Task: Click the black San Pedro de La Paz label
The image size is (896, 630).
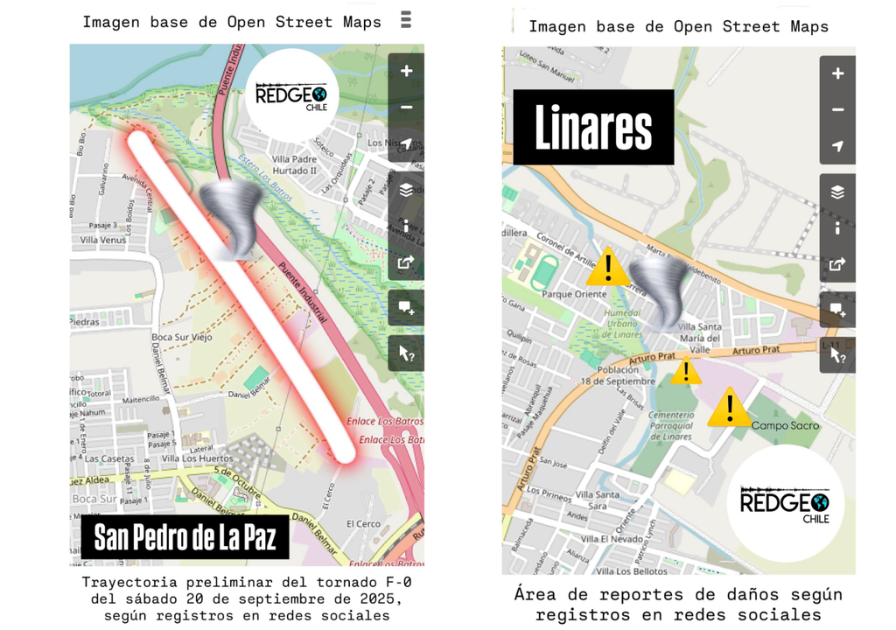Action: pos(185,537)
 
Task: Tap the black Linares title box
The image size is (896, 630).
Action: pos(593,128)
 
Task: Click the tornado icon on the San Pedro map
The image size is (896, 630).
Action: pos(231,219)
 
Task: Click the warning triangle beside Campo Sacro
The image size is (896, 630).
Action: pos(729,408)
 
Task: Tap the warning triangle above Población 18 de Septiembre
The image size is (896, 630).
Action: pos(686,371)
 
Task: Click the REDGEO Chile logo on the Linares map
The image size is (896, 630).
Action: pos(785,503)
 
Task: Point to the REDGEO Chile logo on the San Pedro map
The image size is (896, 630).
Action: pos(291,95)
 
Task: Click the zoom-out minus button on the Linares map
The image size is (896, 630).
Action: pos(837,110)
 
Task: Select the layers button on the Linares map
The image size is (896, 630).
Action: pos(837,192)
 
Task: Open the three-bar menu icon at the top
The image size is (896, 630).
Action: pos(405,19)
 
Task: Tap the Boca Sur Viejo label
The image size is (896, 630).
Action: pos(181,337)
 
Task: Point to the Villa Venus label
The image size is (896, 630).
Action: pos(103,240)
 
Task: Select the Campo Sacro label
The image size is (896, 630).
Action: pos(785,426)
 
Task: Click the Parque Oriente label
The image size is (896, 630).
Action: pos(574,294)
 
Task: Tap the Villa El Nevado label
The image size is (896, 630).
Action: pos(612,538)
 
